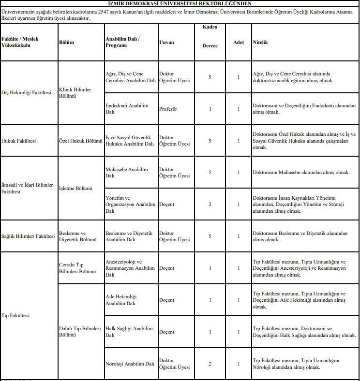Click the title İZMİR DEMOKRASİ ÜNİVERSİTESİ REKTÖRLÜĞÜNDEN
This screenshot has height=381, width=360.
(x=180, y=3)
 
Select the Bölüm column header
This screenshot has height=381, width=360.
(x=66, y=42)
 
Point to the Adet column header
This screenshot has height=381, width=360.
(x=239, y=42)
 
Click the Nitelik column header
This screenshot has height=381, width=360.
(x=260, y=42)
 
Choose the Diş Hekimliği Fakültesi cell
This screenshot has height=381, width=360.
(x=27, y=93)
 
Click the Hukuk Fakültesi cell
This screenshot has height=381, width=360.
(x=19, y=141)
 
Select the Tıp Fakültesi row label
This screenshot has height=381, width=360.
(x=15, y=316)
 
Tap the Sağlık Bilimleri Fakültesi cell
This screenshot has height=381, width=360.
(x=28, y=236)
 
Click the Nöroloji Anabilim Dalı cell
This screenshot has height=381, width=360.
(x=130, y=364)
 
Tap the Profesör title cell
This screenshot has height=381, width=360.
(x=168, y=109)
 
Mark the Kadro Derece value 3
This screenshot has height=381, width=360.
(x=210, y=205)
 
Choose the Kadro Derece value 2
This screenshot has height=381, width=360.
(x=210, y=364)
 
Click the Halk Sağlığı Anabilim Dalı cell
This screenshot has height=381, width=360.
(x=129, y=332)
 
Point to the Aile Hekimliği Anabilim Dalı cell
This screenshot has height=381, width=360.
(x=121, y=300)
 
